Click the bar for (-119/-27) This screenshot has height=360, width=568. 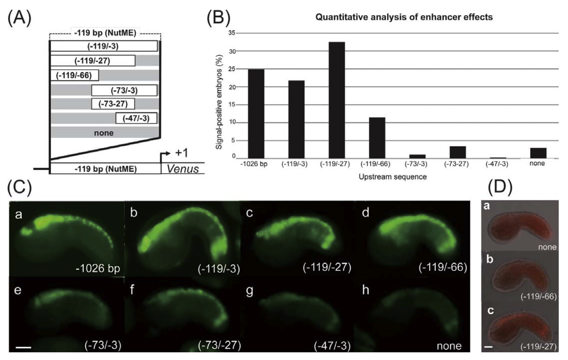click(336, 100)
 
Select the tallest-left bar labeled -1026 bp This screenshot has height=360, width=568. click(256, 114)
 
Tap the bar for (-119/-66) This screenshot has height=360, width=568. click(377, 138)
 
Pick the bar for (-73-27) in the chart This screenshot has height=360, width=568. click(458, 152)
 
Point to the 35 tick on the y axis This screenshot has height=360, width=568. click(231, 33)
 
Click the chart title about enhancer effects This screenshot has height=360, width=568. click(404, 17)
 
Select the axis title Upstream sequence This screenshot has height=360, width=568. click(392, 177)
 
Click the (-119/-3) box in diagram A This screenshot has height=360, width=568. click(103, 46)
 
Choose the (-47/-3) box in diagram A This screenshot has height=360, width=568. click(136, 118)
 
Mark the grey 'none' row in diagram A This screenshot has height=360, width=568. click(103, 133)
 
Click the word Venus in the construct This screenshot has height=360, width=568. click(183, 169)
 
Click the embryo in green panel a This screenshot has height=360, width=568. click(66, 233)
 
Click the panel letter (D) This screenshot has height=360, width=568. click(500, 188)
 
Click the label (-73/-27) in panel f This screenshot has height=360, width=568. click(219, 345)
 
